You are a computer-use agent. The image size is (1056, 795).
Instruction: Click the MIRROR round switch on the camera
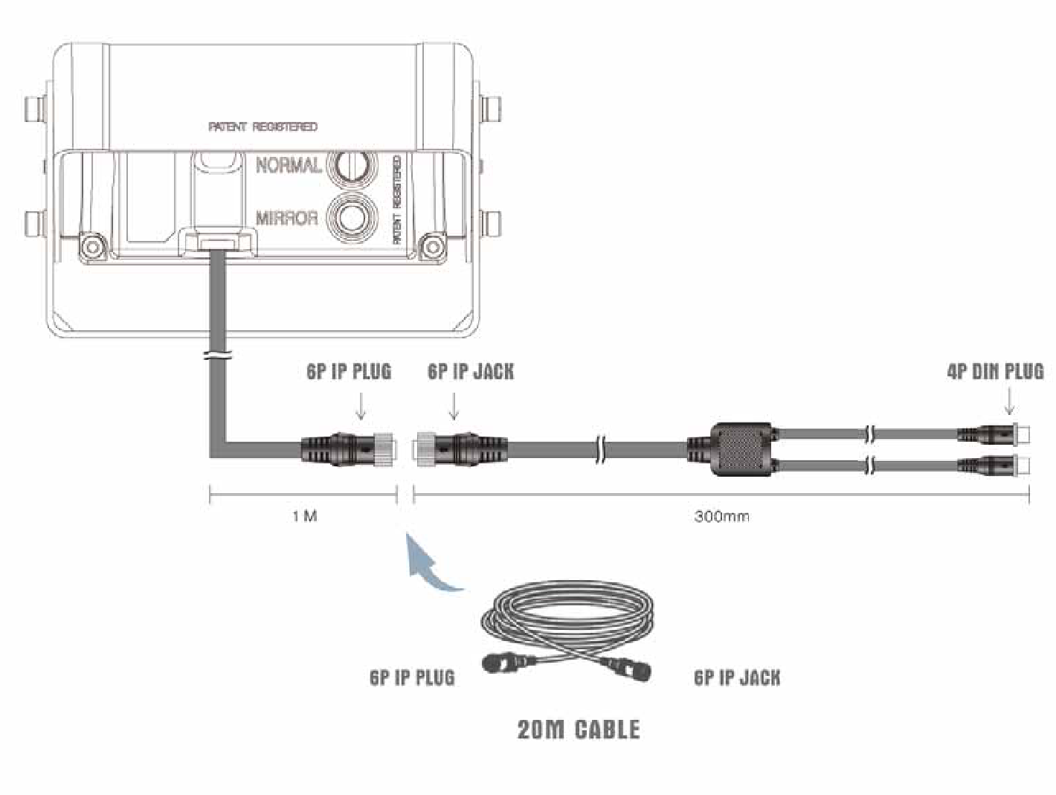coord(352,216)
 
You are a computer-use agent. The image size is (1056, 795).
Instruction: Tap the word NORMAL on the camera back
coord(289,165)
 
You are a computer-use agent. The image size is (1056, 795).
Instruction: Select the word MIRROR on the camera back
coord(287,218)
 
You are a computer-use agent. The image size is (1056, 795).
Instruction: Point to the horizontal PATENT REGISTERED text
coord(263,126)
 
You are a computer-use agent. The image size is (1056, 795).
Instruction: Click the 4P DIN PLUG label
coord(995,372)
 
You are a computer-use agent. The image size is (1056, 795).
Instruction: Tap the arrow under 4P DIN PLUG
coord(1010,401)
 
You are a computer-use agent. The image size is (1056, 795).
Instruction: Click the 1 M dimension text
coord(305,517)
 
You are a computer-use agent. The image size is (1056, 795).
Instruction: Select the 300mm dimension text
coord(721,517)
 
